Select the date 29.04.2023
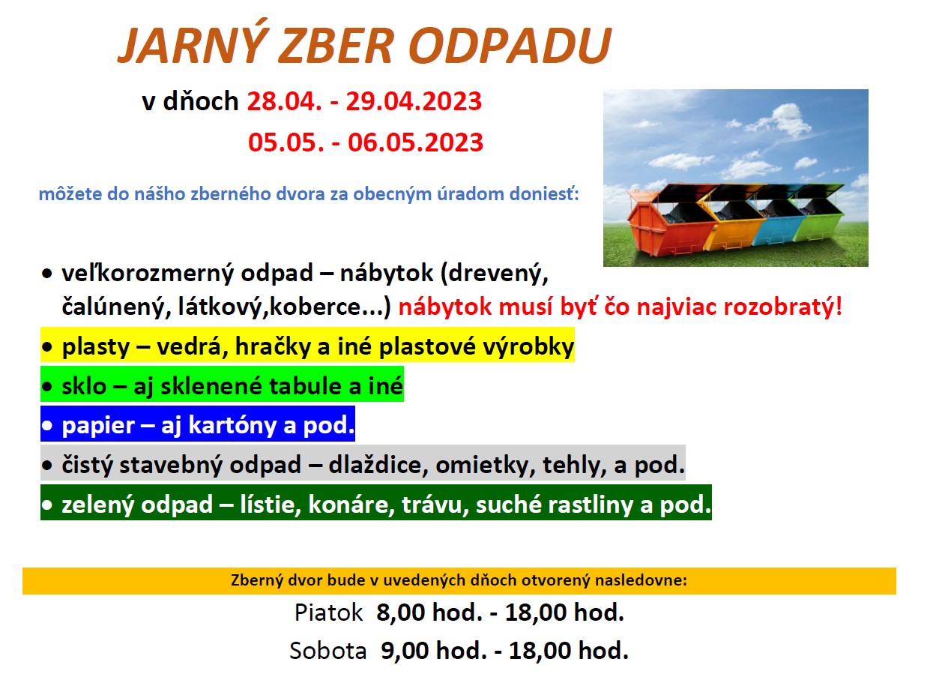(x=414, y=101)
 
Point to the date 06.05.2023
(x=416, y=142)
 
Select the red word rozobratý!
(x=783, y=307)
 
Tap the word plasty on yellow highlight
(x=95, y=347)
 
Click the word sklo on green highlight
(x=84, y=386)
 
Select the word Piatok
(x=329, y=613)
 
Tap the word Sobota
(x=328, y=651)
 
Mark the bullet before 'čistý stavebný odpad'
(x=46, y=466)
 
